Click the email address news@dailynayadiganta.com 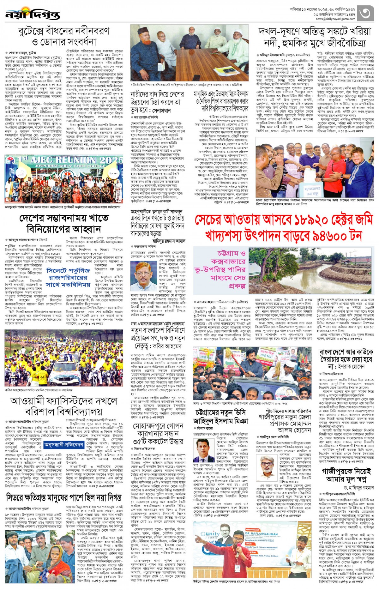pyautogui.click(x=335, y=19)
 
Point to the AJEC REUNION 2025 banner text pyautogui.click(x=76, y=160)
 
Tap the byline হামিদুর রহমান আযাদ pyautogui.click(x=169, y=241)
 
